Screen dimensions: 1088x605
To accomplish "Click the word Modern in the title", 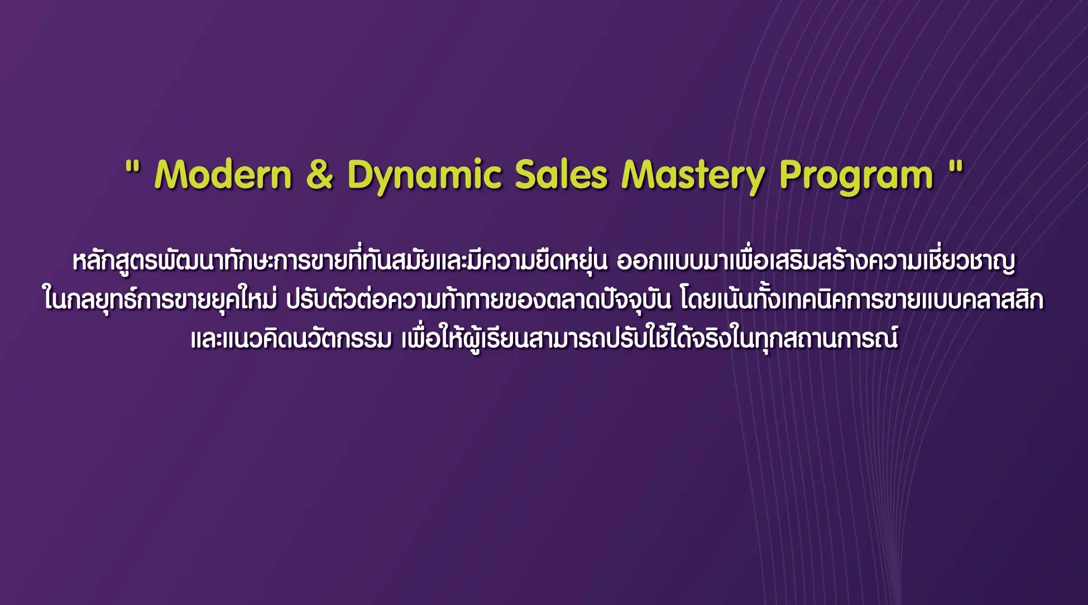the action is point(223,175).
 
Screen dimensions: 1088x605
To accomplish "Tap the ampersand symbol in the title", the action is point(320,174).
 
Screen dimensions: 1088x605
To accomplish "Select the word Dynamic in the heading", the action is point(424,176).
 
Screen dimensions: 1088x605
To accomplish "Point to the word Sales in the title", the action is point(561,175).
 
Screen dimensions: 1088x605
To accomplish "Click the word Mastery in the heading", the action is point(693,176).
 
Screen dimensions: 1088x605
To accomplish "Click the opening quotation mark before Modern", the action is point(132,166).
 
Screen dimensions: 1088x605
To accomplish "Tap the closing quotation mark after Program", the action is point(956,166).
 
